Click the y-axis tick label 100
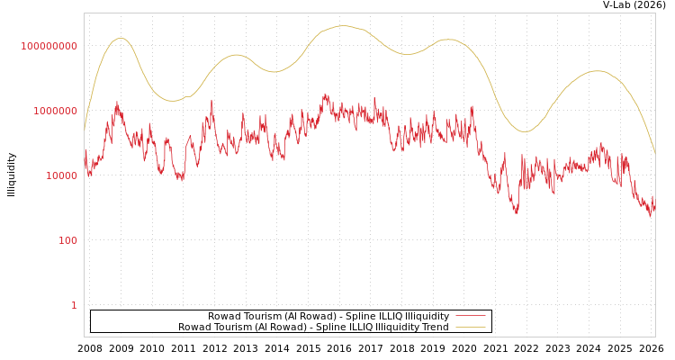(x=68, y=240)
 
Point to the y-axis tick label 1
(x=74, y=305)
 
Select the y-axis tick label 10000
(x=61, y=175)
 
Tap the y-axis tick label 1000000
(x=55, y=111)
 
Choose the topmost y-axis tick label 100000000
(x=49, y=46)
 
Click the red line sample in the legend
(x=470, y=316)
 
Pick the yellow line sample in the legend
(x=470, y=327)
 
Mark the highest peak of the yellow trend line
(x=342, y=26)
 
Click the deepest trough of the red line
(x=517, y=212)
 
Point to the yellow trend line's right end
(x=655, y=154)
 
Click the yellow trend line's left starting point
(x=85, y=131)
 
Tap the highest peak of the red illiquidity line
(x=326, y=94)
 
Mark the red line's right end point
(x=655, y=209)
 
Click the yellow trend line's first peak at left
(x=121, y=38)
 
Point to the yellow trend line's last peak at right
(x=597, y=70)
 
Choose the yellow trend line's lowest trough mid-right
(x=526, y=132)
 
